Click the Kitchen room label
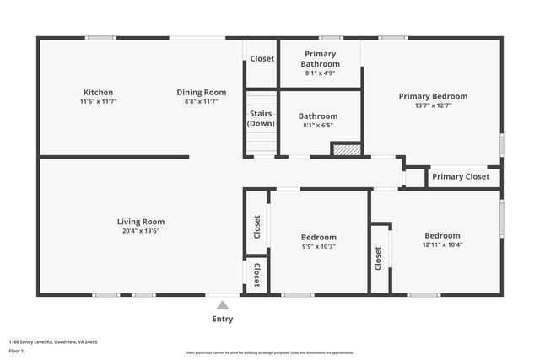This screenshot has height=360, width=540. click(x=98, y=93)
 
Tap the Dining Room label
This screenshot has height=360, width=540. click(x=201, y=93)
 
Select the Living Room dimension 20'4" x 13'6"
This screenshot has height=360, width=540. click(x=140, y=231)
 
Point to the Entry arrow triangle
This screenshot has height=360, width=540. click(x=222, y=305)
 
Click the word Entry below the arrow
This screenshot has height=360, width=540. click(x=222, y=320)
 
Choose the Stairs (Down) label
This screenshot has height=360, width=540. click(x=261, y=119)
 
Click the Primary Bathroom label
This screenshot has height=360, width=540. click(x=321, y=59)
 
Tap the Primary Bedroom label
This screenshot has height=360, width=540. click(x=433, y=96)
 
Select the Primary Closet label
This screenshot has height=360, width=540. click(x=460, y=177)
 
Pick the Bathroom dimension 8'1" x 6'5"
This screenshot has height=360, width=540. click(x=318, y=126)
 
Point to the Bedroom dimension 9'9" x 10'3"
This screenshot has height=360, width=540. click(x=319, y=246)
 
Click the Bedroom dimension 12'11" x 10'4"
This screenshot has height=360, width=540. click(x=442, y=245)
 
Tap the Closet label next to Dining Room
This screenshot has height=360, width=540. click(x=262, y=59)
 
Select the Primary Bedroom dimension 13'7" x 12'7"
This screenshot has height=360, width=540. click(x=433, y=106)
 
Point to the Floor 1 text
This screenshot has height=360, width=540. click(x=17, y=352)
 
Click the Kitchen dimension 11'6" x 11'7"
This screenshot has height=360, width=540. click(x=98, y=102)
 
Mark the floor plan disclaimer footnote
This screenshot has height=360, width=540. click(x=269, y=353)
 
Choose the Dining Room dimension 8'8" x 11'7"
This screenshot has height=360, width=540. click(x=201, y=102)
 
